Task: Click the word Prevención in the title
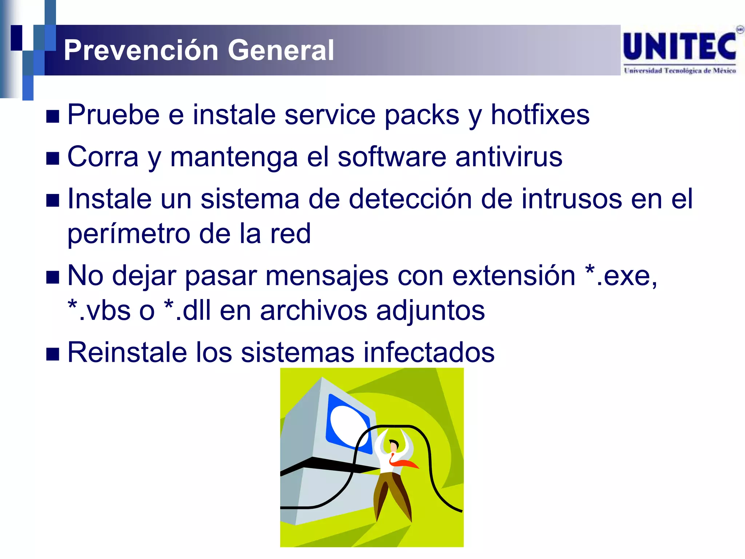140,50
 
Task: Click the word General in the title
280,50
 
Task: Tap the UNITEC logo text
680,47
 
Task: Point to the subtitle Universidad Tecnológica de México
680,71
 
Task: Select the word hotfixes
540,115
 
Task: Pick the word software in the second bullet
391,157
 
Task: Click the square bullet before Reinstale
53,354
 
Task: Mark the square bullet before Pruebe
53,117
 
